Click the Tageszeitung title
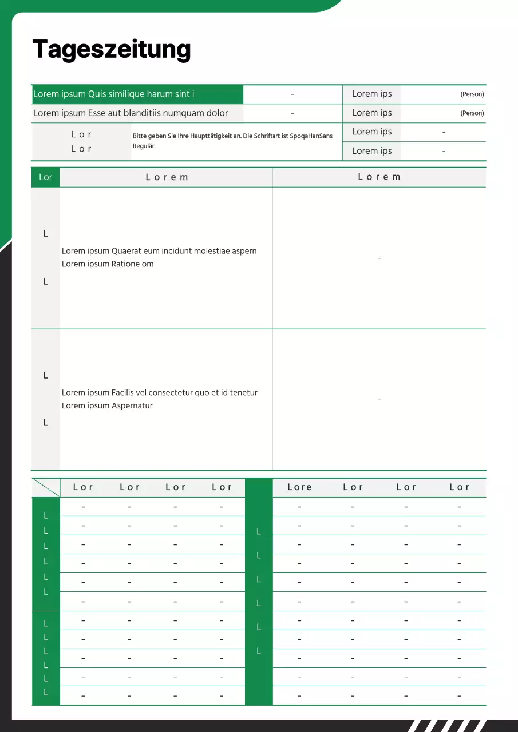[112, 50]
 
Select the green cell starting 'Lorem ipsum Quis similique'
[137, 94]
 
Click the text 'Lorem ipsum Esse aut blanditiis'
[130, 113]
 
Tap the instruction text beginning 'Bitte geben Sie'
[232, 136]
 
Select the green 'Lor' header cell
[45, 177]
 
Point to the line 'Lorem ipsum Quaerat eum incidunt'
[159, 251]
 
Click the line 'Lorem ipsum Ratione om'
[108, 264]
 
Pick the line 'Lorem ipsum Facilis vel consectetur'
[160, 393]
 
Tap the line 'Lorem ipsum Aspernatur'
[107, 406]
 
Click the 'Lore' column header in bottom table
[299, 487]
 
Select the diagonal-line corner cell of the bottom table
[46, 487]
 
